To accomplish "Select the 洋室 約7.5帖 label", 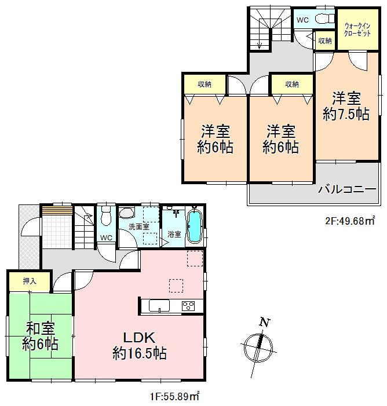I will click(x=346, y=105).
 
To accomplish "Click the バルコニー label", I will click(x=348, y=189).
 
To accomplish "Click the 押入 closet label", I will click(x=30, y=281).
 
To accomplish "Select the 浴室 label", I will click(x=174, y=234).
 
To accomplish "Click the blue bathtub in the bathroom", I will click(x=195, y=227).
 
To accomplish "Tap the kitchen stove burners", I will click(x=189, y=306).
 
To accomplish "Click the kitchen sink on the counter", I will click(x=158, y=306).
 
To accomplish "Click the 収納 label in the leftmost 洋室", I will click(x=204, y=84).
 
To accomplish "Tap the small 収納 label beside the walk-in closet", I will click(x=325, y=41).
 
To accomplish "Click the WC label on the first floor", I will click(x=106, y=238).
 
